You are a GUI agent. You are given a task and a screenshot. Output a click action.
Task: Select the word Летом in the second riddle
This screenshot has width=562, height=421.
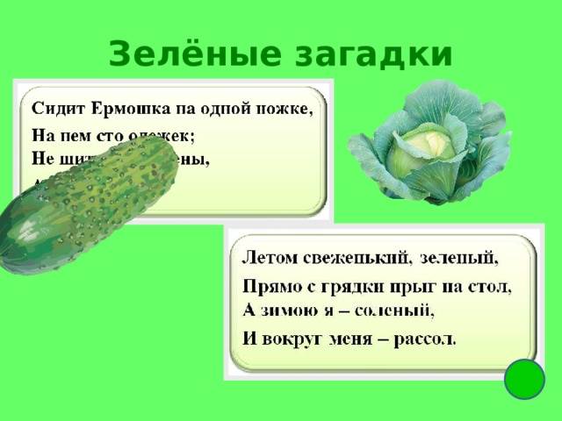(x=269, y=260)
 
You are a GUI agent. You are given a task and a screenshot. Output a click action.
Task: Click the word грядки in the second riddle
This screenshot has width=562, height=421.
(x=357, y=287)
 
